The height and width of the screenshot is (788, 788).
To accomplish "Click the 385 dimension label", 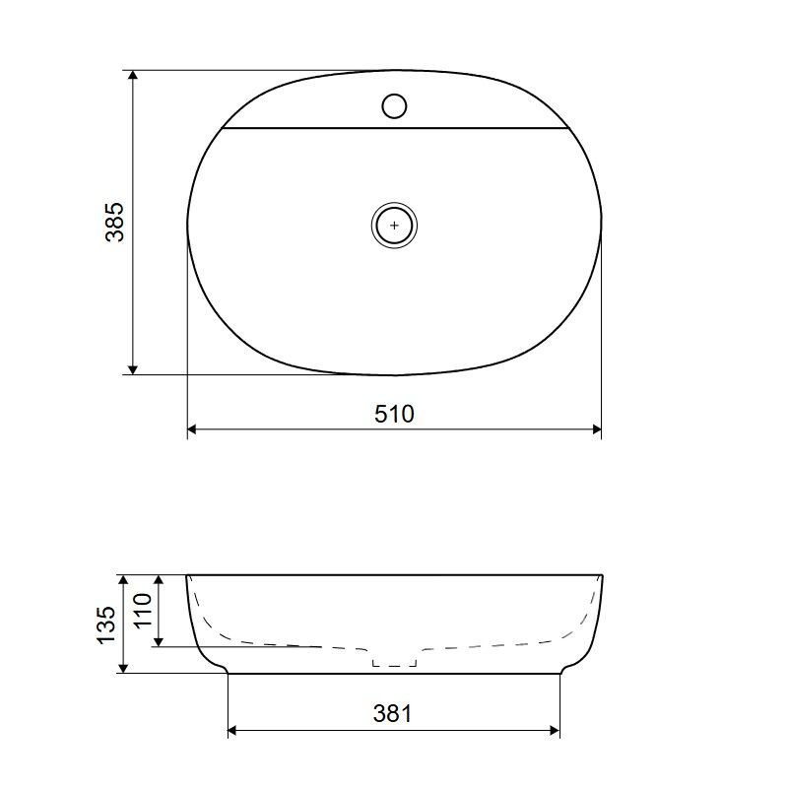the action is click(114, 223).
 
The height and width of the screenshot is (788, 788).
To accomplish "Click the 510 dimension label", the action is click(395, 414).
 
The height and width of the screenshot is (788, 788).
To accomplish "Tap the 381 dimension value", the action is click(392, 713).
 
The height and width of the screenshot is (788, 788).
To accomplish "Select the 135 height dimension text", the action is click(106, 624).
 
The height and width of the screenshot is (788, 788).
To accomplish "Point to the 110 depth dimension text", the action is click(143, 610).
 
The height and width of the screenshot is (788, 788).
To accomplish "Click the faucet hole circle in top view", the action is click(395, 106).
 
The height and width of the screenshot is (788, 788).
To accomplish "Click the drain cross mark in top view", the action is click(395, 226).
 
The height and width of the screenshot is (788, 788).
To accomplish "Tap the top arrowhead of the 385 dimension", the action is click(133, 76).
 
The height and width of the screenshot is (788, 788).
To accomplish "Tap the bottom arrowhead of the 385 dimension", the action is click(133, 369).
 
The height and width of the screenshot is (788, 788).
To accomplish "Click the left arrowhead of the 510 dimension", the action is click(192, 429).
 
